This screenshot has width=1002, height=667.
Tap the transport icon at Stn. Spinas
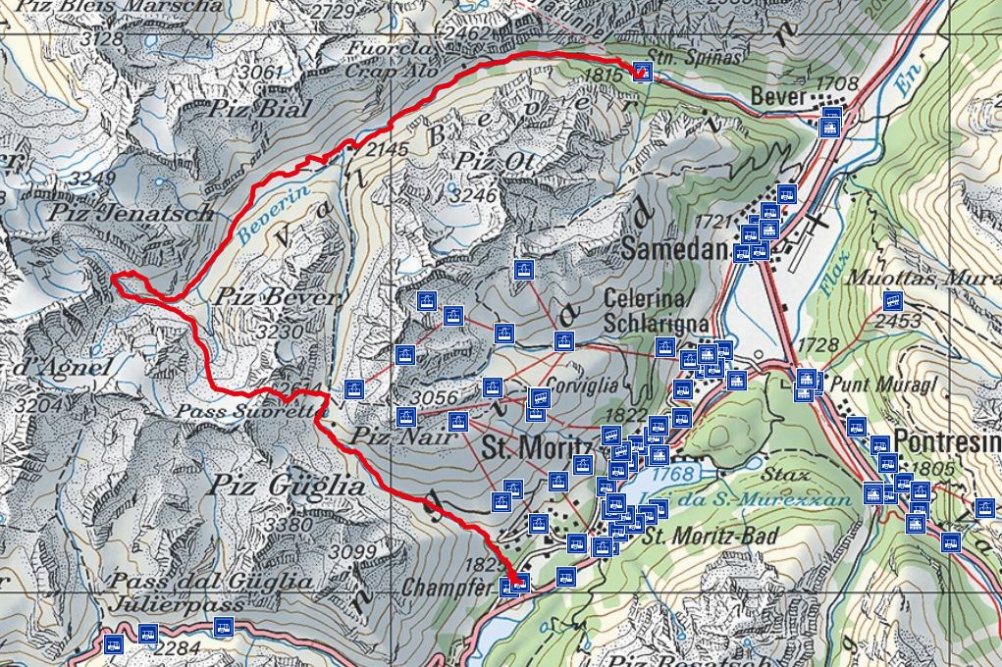642,71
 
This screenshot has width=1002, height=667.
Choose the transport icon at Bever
830,124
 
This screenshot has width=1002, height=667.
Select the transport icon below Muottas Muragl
892,302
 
